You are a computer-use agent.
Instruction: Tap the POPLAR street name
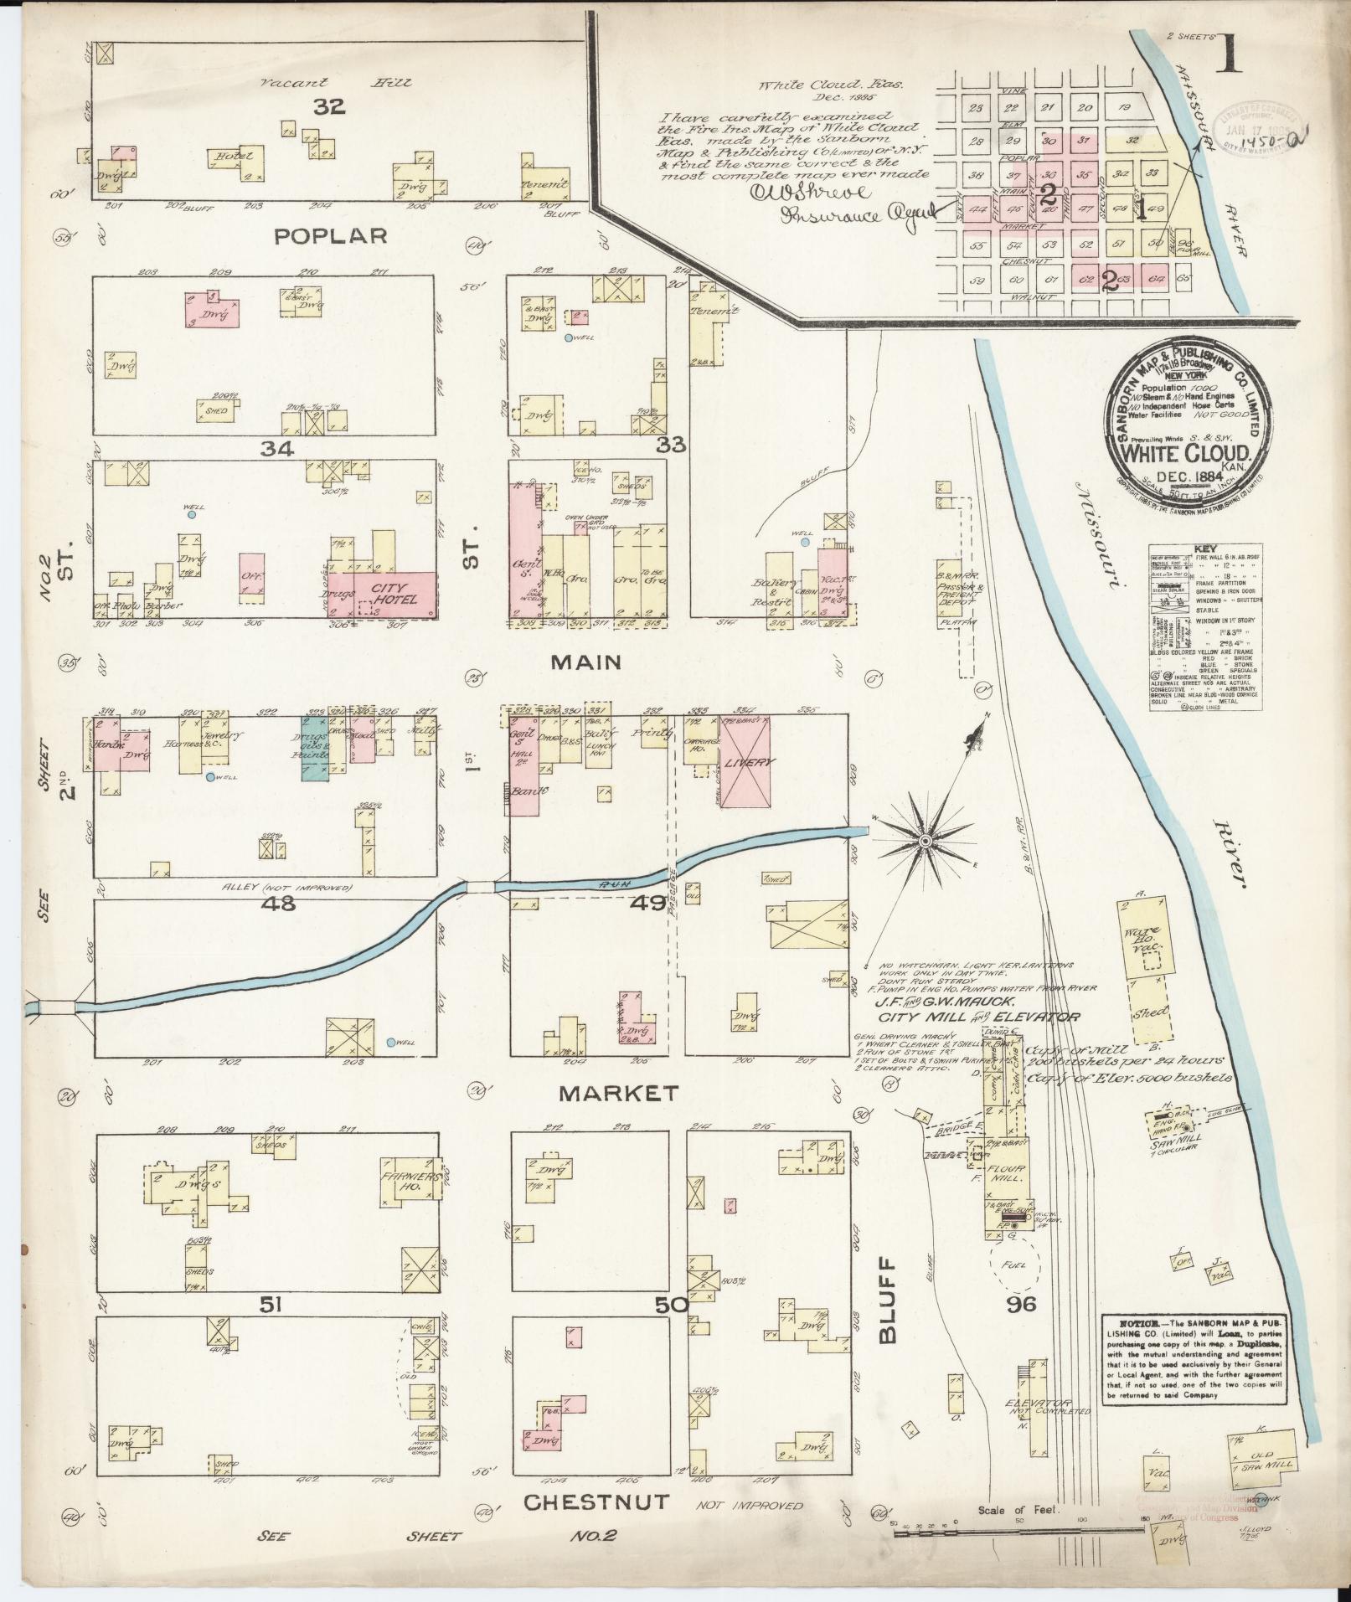[333, 236]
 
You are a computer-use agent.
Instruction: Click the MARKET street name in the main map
[619, 1093]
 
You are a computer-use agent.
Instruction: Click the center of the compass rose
[926, 840]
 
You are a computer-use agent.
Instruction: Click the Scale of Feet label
[1018, 1511]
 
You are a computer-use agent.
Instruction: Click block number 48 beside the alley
[277, 904]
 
